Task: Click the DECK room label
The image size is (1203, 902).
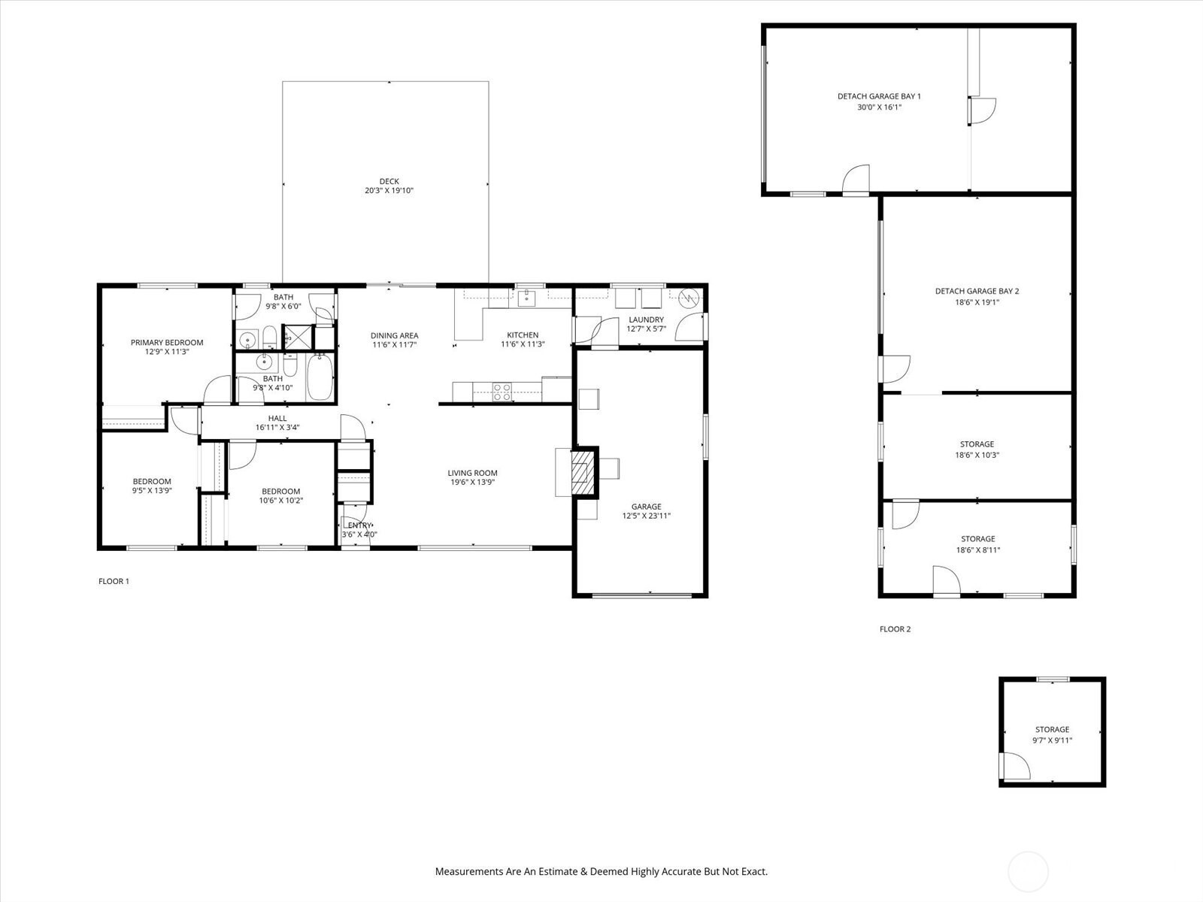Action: pos(389,181)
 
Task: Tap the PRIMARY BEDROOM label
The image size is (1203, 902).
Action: pos(167,343)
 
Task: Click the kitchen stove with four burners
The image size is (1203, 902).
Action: pos(502,392)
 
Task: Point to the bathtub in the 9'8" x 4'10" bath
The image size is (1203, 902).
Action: pos(320,377)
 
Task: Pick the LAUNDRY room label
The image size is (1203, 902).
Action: pos(646,320)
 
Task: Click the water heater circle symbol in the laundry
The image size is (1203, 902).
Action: pos(689,299)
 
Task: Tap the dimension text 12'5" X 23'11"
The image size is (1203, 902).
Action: pos(646,516)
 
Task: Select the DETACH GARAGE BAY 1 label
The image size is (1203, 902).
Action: pos(879,96)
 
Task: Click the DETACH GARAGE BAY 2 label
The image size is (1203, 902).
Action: pos(977,292)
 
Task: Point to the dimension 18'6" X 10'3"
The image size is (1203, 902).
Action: pos(977,455)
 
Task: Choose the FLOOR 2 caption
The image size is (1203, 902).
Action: pos(895,629)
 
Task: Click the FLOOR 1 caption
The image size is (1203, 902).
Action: pos(114,582)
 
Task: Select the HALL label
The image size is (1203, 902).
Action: pos(277,419)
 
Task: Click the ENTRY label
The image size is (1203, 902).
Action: pos(359,525)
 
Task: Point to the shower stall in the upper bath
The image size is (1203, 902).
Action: pos(297,337)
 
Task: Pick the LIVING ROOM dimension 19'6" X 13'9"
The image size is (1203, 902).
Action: pos(472,483)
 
